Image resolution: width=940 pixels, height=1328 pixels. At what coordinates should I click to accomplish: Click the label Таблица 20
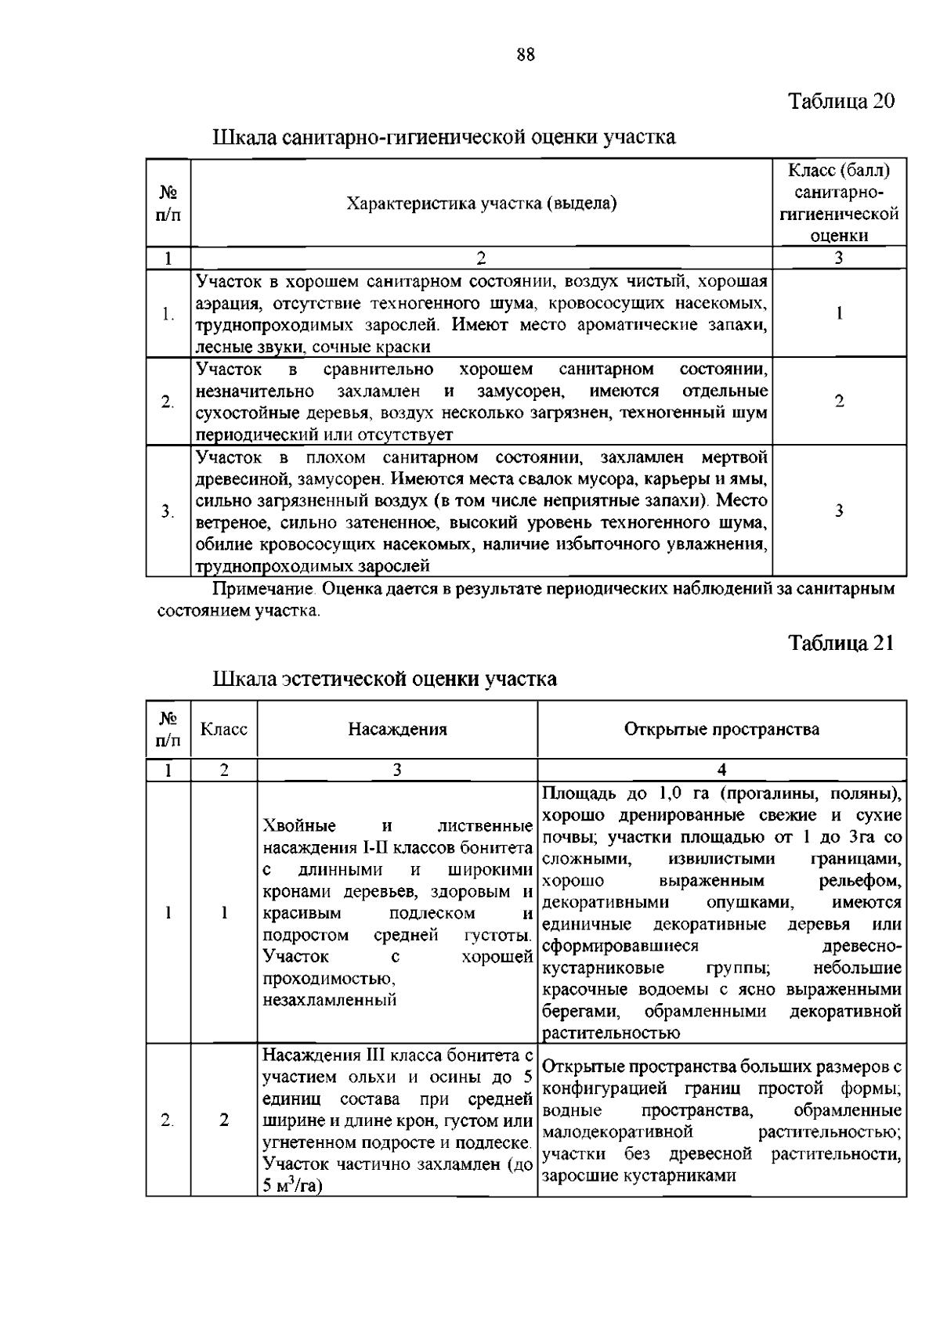(x=840, y=102)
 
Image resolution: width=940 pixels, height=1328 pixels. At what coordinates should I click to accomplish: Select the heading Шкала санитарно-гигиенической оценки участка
(x=444, y=138)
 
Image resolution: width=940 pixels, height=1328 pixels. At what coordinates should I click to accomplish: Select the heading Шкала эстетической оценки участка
(x=385, y=678)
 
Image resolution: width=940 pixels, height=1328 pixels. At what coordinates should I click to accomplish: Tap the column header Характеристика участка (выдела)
(x=481, y=204)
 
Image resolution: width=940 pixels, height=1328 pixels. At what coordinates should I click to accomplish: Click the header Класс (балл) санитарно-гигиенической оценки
(x=839, y=203)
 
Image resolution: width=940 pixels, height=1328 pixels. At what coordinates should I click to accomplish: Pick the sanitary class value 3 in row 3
(x=839, y=511)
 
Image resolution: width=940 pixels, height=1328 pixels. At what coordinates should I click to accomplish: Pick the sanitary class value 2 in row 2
(x=839, y=402)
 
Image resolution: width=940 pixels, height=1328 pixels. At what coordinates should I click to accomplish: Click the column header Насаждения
(x=397, y=730)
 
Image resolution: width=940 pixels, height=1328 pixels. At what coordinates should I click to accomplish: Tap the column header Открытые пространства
(x=721, y=730)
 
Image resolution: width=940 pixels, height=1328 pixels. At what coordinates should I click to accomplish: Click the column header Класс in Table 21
(x=224, y=730)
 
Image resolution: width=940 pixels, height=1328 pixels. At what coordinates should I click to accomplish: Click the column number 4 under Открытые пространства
(x=721, y=770)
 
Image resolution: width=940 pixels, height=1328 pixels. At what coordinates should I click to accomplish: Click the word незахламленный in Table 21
(x=329, y=1000)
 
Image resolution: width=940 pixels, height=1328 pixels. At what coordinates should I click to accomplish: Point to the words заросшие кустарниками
(x=638, y=1175)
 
